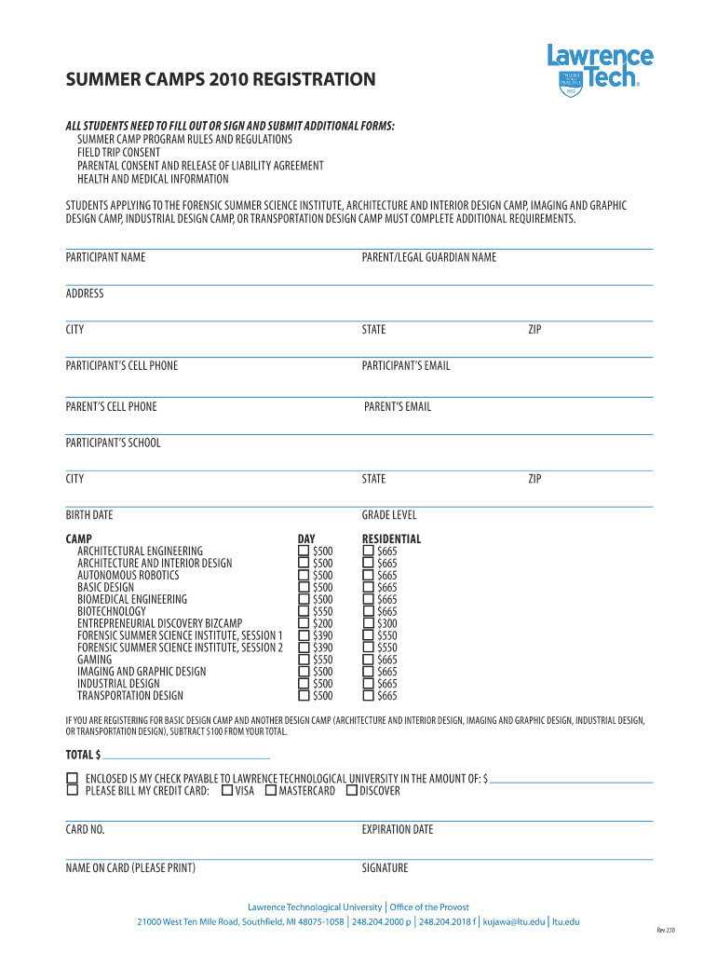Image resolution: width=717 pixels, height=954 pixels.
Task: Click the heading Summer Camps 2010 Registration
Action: (x=221, y=80)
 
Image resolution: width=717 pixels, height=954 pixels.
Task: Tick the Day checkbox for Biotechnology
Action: (x=303, y=611)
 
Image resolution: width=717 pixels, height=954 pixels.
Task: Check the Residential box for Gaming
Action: (x=368, y=660)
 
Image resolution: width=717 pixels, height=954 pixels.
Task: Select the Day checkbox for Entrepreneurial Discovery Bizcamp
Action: (x=303, y=623)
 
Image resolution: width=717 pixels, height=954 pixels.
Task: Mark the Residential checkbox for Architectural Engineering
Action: (x=368, y=552)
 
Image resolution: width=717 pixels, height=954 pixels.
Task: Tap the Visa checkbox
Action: (x=227, y=791)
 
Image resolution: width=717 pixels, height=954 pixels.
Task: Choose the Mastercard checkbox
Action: (x=271, y=791)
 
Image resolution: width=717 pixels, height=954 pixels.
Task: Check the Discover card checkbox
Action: (x=351, y=791)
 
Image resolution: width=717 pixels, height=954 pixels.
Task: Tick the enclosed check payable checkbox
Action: (x=72, y=778)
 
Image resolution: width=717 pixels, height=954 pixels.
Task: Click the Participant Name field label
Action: (x=105, y=257)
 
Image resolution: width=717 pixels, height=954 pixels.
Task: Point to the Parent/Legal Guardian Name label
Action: (x=428, y=257)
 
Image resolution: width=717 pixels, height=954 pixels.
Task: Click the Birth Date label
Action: (x=89, y=515)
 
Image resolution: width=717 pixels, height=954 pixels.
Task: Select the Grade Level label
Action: (x=389, y=515)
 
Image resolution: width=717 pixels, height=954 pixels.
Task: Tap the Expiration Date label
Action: (x=398, y=829)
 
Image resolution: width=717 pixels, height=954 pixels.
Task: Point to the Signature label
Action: (x=385, y=868)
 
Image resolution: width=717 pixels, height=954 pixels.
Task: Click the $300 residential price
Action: (x=387, y=623)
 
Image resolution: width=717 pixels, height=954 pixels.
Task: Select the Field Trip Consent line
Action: (x=118, y=153)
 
